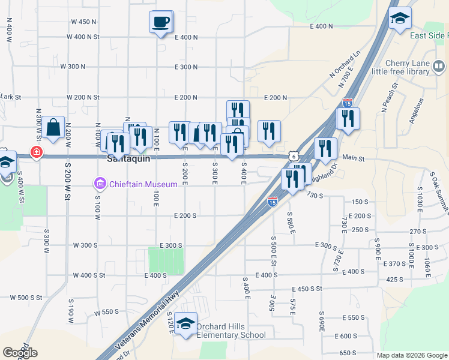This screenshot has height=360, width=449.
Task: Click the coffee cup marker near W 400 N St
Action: pos(160,22)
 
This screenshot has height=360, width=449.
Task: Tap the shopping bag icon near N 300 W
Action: pos(53,127)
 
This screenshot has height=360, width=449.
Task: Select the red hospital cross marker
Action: pos(37,153)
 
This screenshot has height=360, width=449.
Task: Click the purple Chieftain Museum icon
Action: pos(100,182)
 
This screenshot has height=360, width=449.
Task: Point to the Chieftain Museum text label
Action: pos(143,184)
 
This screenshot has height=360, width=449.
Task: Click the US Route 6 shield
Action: pos(293,155)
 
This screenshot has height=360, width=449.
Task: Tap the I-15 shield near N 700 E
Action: pos(347,103)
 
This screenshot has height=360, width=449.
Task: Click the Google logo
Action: pos(20,352)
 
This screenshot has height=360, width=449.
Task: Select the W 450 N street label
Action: pos(83,22)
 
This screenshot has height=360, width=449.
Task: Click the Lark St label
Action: pos(11,97)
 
